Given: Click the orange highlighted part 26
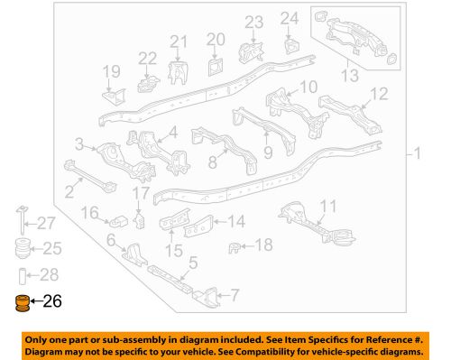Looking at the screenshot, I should [x=20, y=304].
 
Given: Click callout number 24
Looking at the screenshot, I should [x=288, y=17].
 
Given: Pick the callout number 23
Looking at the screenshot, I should [x=253, y=21].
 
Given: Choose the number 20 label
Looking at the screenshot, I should [x=215, y=39].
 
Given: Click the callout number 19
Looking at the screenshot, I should [x=111, y=71].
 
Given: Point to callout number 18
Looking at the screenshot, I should [x=262, y=245].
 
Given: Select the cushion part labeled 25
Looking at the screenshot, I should [x=20, y=248].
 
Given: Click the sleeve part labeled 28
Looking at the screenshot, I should [x=20, y=274].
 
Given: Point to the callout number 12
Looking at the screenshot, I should [x=378, y=93].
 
